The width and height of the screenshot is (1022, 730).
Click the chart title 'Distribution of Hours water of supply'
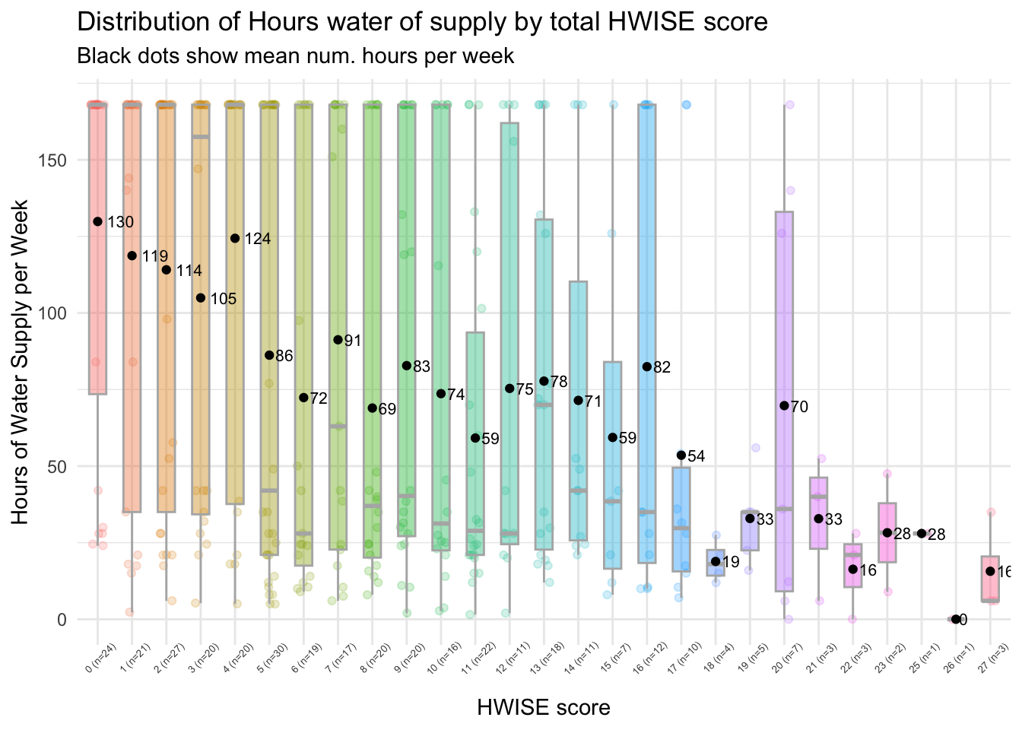422,22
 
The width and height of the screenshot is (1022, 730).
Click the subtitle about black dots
296,56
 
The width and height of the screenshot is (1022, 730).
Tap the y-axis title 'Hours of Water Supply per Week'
21,362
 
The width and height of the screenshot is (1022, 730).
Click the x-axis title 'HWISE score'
543,708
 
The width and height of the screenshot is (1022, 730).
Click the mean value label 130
120,223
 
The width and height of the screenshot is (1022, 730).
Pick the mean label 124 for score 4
258,240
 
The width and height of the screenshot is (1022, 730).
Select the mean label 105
223,300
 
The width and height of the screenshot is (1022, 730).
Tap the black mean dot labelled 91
338,339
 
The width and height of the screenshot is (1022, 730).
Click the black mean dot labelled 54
681,455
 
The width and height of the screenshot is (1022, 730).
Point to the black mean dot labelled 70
784,405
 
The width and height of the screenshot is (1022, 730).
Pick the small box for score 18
716,563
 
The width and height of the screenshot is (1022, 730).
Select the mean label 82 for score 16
662,368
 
